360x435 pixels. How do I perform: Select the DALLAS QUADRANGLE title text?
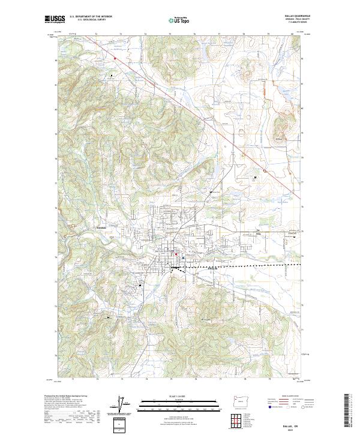[295, 17]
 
